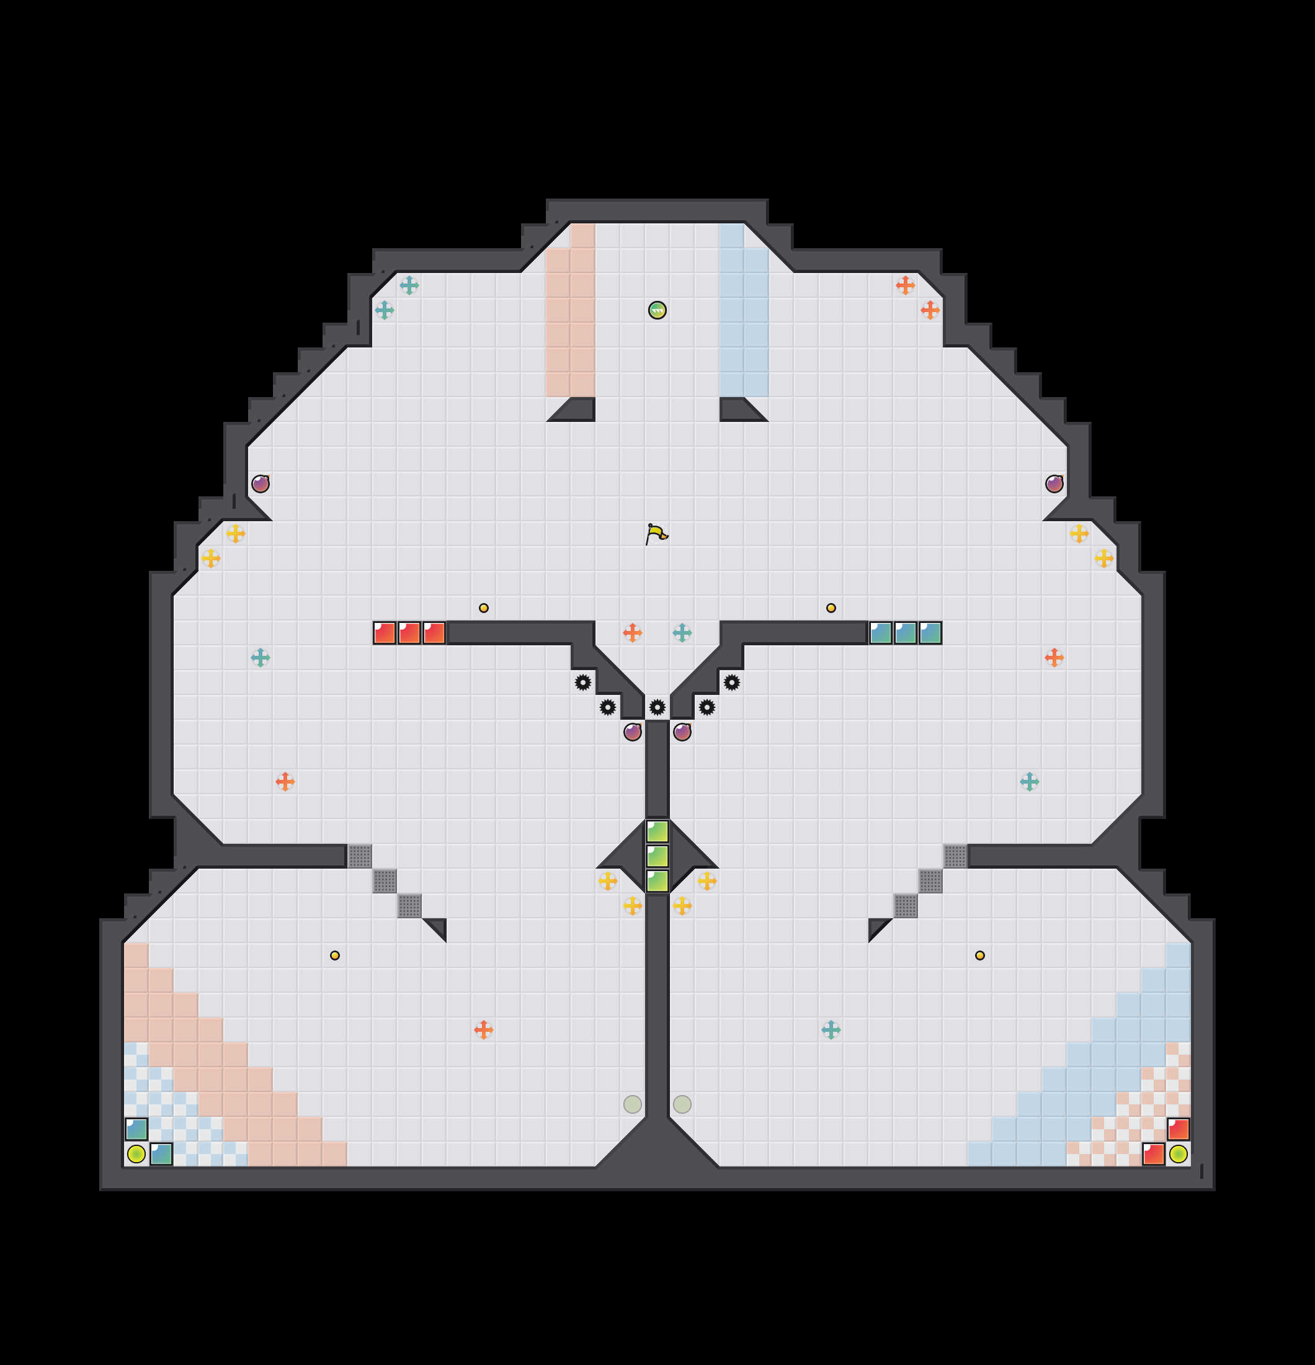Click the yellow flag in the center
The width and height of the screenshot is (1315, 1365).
point(656,534)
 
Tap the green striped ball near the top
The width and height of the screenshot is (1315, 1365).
point(657,310)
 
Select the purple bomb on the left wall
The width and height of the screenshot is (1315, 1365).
point(261,483)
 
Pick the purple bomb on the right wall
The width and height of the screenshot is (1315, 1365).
point(1054,483)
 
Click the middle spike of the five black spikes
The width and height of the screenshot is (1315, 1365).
point(657,707)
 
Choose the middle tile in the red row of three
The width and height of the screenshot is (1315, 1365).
point(409,633)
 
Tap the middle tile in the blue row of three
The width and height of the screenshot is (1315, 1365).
point(905,633)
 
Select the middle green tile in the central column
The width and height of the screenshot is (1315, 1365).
point(657,856)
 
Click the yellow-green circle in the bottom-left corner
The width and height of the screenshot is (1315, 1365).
point(136,1154)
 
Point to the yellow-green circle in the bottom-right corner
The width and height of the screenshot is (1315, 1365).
point(1178,1154)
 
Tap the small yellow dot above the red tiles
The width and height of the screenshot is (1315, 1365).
point(484,608)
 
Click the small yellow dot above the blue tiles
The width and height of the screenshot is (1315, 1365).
point(831,608)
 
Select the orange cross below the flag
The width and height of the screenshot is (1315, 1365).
point(632,632)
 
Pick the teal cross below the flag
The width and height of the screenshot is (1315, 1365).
point(682,632)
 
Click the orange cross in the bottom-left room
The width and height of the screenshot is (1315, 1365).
point(484,1029)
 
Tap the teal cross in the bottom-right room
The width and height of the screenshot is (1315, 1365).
point(831,1029)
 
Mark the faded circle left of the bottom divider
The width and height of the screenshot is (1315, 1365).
point(632,1104)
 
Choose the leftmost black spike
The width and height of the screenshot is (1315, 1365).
point(582,682)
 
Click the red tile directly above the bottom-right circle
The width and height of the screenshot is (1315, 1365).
point(1178,1129)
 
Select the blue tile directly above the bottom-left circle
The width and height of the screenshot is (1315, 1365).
point(136,1129)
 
